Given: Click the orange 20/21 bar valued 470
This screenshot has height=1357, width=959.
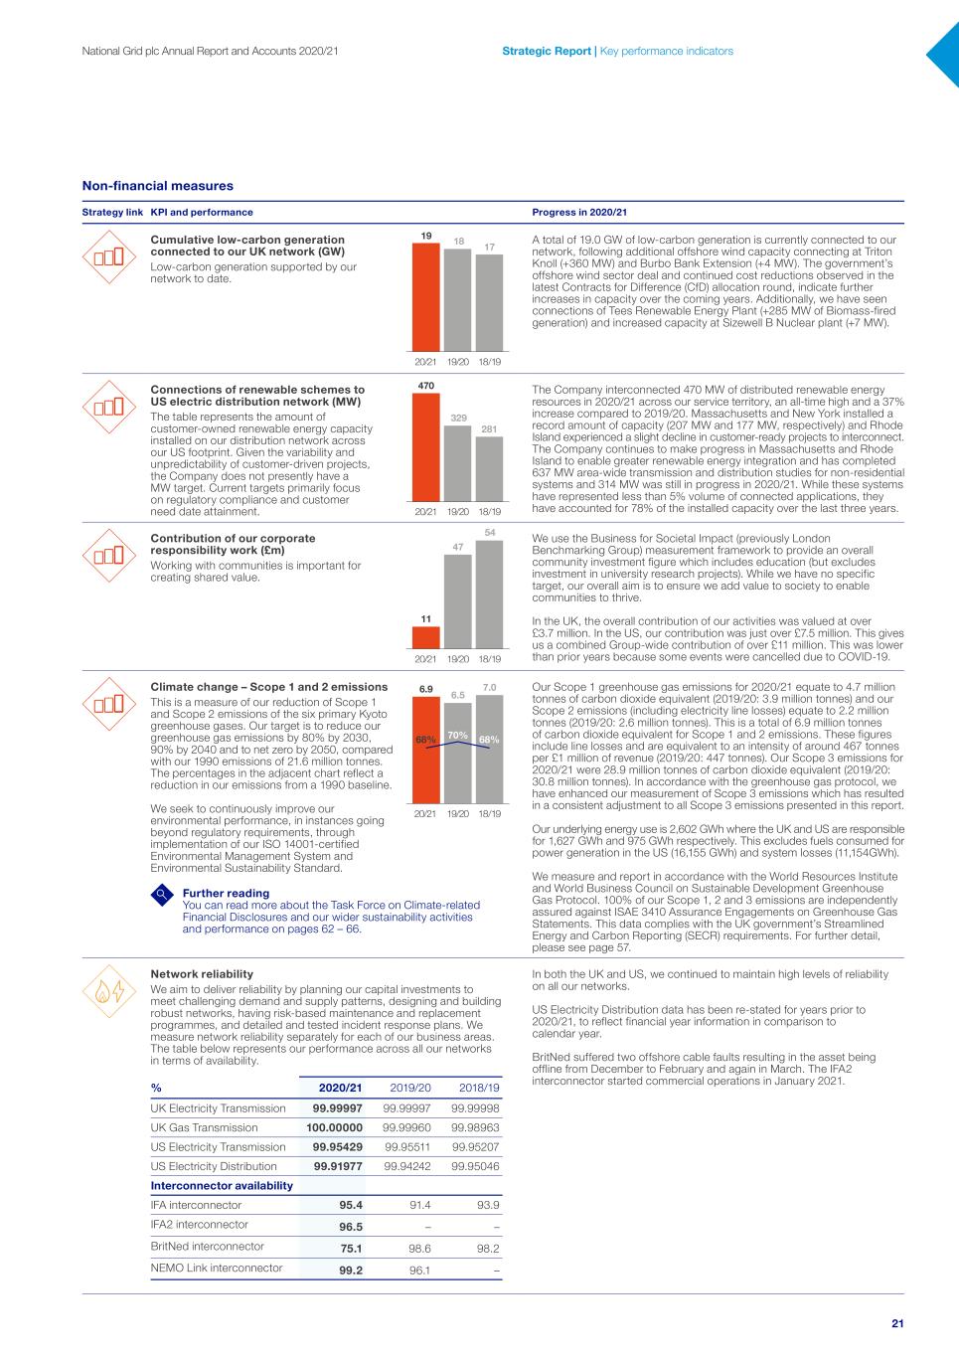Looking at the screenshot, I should coord(425,447).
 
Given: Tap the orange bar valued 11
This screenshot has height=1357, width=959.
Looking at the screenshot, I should coord(425,636).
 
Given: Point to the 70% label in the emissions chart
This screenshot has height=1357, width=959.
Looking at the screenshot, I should coord(457,736).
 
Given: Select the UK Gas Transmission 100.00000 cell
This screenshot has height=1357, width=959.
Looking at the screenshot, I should coord(334,1127).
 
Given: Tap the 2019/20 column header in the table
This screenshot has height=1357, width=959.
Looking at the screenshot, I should coord(410,1089).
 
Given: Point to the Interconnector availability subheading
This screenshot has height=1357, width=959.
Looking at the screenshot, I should coord(222,1186).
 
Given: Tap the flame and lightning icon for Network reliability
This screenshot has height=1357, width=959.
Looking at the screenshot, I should coord(110,991).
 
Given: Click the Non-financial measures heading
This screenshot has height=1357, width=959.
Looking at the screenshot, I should coord(157,186).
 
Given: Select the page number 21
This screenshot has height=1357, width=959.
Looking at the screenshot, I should coord(897,1323).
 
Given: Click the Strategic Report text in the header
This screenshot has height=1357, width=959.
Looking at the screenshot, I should coord(546,51).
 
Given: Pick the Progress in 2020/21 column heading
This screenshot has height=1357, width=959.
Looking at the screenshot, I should coord(579,212).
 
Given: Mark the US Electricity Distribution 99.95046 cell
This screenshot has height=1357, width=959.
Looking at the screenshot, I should coord(475,1166).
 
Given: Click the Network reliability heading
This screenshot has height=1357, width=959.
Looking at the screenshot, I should coord(201,974).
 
